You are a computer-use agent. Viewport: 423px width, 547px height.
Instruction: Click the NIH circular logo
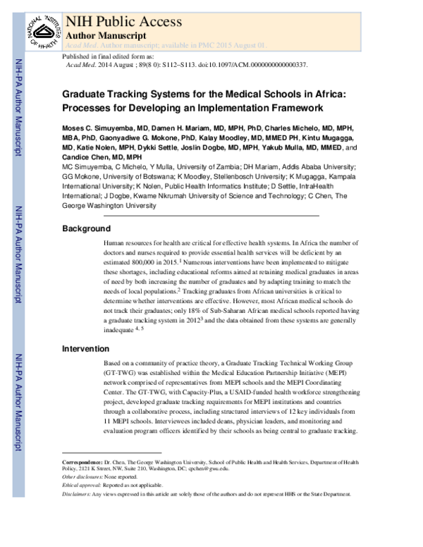36,27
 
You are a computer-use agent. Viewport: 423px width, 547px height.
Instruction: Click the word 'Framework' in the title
288,108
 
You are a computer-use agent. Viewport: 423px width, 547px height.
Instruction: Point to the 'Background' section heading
86,228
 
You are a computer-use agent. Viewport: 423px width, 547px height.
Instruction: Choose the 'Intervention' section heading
85,348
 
